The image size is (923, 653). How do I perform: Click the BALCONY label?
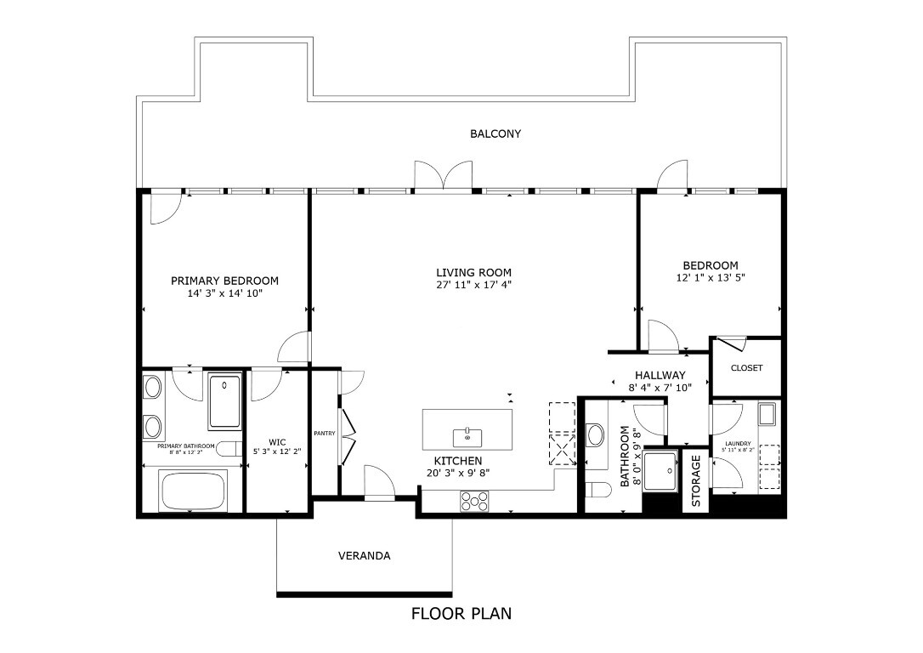click(495, 133)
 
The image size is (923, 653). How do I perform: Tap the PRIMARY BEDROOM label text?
click(224, 281)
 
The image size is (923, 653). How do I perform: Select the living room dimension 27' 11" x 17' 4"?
click(473, 285)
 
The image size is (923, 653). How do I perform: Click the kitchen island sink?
click(468, 437)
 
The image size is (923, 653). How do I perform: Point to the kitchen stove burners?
click(474, 502)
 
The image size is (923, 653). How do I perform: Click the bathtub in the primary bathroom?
click(192, 491)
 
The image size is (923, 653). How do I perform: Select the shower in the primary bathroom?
click(224, 402)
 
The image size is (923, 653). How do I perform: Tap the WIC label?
click(277, 442)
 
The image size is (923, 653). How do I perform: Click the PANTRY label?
click(325, 433)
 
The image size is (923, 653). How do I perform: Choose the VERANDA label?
click(364, 556)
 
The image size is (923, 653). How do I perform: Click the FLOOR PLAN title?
click(461, 613)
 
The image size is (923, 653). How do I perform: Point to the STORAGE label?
click(695, 481)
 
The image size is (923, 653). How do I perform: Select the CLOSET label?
click(746, 368)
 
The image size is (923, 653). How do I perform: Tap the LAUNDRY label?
click(737, 443)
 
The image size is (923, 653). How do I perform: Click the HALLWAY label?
click(660, 375)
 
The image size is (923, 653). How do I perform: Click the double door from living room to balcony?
click(442, 176)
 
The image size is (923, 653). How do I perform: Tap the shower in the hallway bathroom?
click(660, 469)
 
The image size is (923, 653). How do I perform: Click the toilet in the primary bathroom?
click(226, 449)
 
